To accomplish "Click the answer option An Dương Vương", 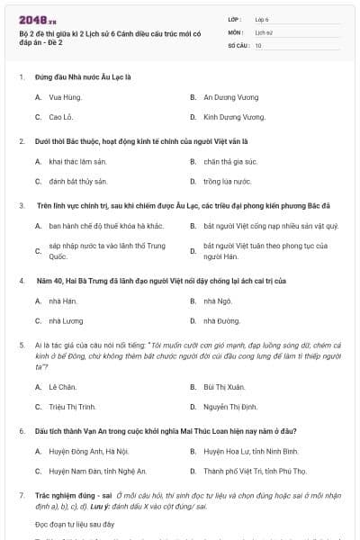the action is point(230,96).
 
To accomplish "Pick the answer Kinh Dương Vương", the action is point(234,117).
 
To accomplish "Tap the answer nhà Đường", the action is point(220,320).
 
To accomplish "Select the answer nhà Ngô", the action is point(217,300).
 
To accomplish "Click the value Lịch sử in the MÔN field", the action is point(263,31).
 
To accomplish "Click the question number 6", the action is point(22,432).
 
